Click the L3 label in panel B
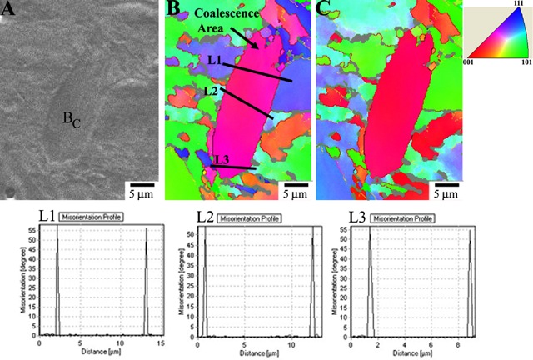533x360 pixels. click(x=220, y=160)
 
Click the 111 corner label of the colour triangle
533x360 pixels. click(x=519, y=4)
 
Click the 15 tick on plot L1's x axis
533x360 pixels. click(x=159, y=342)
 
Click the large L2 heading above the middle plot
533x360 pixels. click(x=207, y=217)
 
